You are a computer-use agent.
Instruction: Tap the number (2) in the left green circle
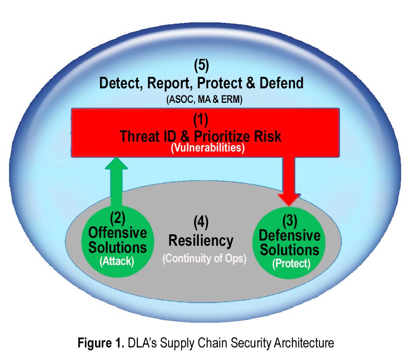tap(117, 217)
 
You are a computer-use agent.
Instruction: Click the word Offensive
tap(117, 232)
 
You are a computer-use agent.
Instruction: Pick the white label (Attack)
tap(117, 261)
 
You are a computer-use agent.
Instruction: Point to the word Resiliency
tap(201, 240)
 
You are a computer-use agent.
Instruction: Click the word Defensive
tap(290, 236)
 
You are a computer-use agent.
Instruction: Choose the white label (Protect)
tap(291, 264)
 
